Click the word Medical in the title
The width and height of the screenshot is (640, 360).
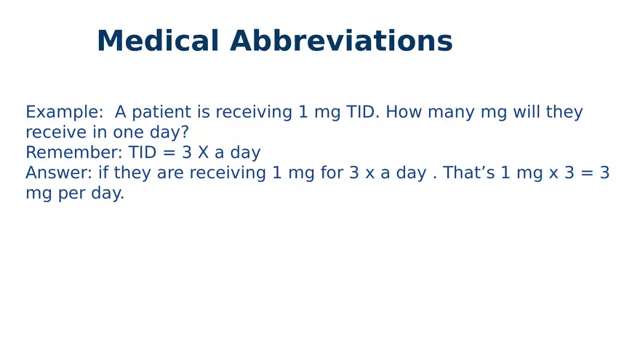click(158, 41)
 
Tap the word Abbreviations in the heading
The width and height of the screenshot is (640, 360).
click(341, 41)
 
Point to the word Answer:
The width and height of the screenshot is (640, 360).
click(59, 174)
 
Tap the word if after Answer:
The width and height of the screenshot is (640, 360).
click(103, 174)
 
